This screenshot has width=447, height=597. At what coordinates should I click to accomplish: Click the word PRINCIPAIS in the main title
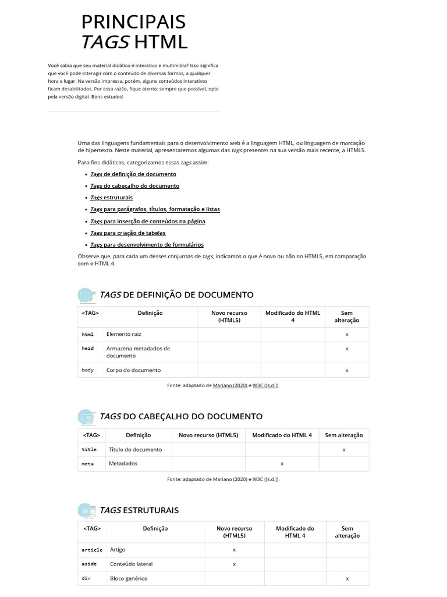point(133,22)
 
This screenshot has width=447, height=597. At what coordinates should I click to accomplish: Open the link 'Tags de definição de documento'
point(133,174)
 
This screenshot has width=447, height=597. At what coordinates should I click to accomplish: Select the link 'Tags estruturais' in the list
point(111,198)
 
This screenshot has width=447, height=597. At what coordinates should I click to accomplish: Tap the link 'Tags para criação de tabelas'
point(127,233)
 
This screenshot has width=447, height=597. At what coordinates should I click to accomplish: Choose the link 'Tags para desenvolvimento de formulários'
point(147,245)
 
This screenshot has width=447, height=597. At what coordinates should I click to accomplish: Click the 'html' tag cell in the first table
point(88,335)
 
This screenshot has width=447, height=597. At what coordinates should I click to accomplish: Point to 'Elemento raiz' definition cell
point(124,334)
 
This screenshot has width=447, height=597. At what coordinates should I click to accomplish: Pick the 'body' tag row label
point(88,370)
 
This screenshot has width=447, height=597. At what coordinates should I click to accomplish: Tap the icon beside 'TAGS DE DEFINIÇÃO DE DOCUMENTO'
point(86,295)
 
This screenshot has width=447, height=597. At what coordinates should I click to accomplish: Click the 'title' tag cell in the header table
point(89,449)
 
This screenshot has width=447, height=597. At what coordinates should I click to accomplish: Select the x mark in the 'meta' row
point(282,464)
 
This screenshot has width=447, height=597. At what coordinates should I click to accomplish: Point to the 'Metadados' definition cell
point(123,463)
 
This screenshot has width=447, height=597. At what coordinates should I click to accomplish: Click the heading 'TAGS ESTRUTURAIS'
point(139,510)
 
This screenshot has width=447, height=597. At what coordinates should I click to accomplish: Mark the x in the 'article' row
point(234,550)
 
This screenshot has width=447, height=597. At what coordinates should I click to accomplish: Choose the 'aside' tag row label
point(89,564)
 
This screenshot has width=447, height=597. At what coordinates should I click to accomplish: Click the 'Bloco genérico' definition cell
point(129,578)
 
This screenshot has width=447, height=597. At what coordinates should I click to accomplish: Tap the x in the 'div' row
point(347,579)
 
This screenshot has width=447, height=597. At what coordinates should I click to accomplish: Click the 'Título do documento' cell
point(136,449)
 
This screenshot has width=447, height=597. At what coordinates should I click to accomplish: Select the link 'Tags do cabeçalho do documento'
point(134,186)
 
